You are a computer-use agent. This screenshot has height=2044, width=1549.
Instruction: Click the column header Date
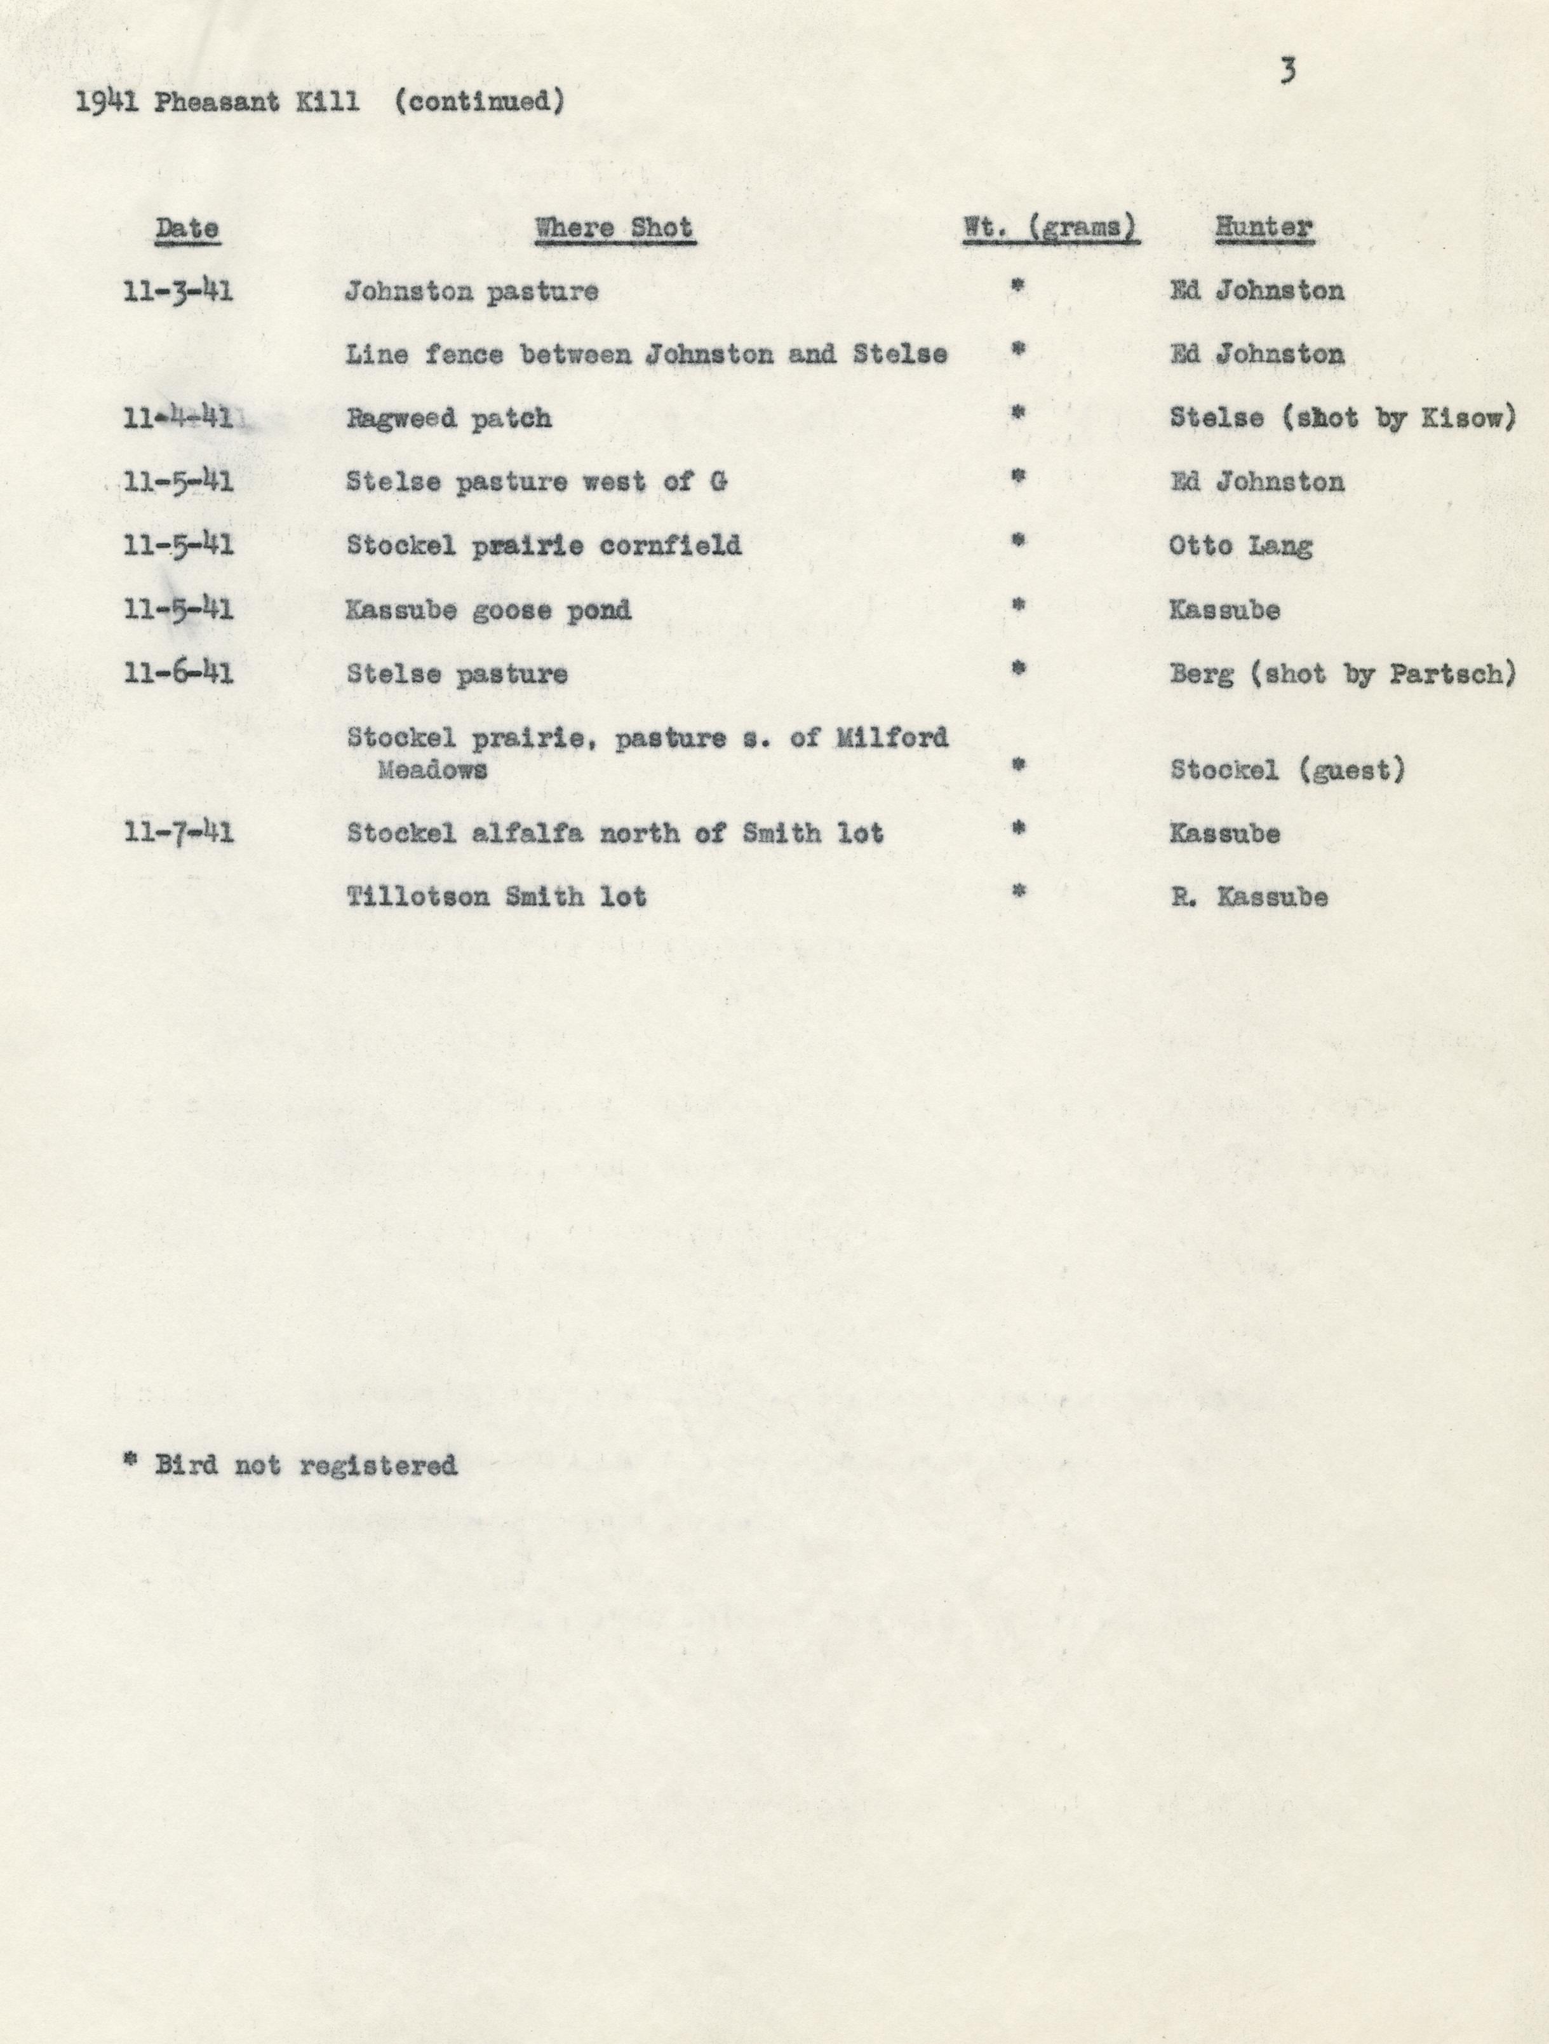coord(187,227)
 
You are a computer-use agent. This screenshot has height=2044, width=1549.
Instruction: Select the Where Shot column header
coord(614,227)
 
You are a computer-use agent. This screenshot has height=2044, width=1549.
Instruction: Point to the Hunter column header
coord(1263,227)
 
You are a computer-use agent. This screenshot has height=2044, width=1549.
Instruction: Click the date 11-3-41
coord(177,291)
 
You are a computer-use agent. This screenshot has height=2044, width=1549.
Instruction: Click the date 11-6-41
coord(177,673)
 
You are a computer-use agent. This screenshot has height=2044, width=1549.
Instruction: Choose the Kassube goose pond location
coord(488,610)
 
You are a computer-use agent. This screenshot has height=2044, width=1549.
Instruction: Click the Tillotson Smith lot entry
coord(496,897)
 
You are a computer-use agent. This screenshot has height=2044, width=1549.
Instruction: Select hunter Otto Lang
coord(1240,545)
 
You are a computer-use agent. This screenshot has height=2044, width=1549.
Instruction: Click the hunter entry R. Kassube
coord(1249,897)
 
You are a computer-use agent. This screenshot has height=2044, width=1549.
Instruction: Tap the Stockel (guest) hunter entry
coord(1287,769)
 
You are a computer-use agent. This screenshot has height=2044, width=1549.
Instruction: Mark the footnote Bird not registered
coord(305,1465)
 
